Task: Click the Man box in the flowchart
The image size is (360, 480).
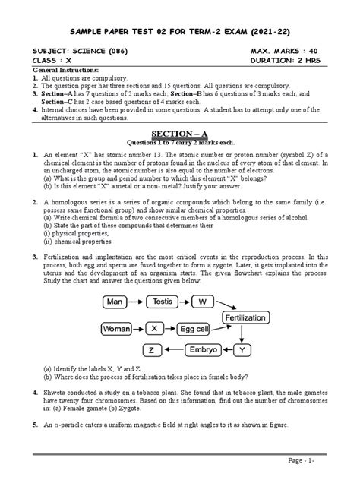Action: (x=115, y=302)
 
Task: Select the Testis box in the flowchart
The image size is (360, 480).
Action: (x=162, y=302)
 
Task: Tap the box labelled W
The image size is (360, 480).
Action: (x=203, y=302)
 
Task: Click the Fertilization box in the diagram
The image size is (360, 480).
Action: (x=247, y=316)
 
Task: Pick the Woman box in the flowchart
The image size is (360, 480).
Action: (x=117, y=329)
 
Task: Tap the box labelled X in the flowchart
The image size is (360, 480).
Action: (x=154, y=329)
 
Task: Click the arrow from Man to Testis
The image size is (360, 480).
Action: (x=136, y=302)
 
